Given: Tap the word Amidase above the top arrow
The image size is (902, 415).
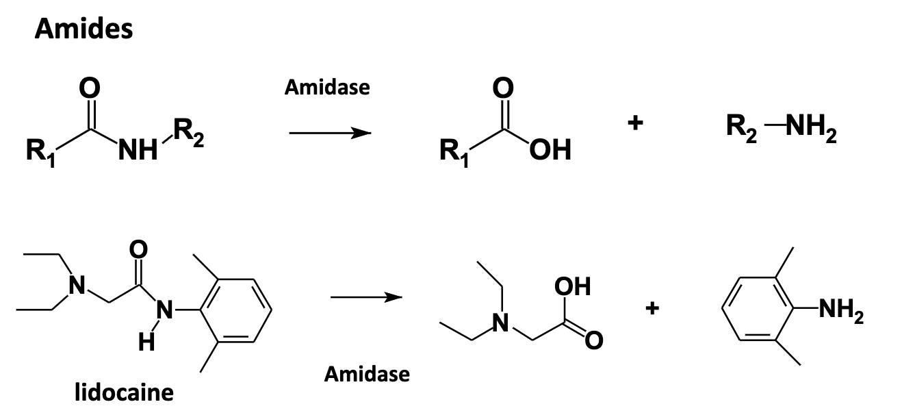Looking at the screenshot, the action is [x=327, y=88].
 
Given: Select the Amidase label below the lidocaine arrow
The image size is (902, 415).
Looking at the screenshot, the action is [x=367, y=374].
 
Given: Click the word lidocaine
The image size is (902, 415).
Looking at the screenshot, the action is [x=124, y=392].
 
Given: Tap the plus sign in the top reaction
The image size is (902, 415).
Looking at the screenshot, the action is [x=636, y=123].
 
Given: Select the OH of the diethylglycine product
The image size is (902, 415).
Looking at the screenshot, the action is [x=574, y=286].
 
